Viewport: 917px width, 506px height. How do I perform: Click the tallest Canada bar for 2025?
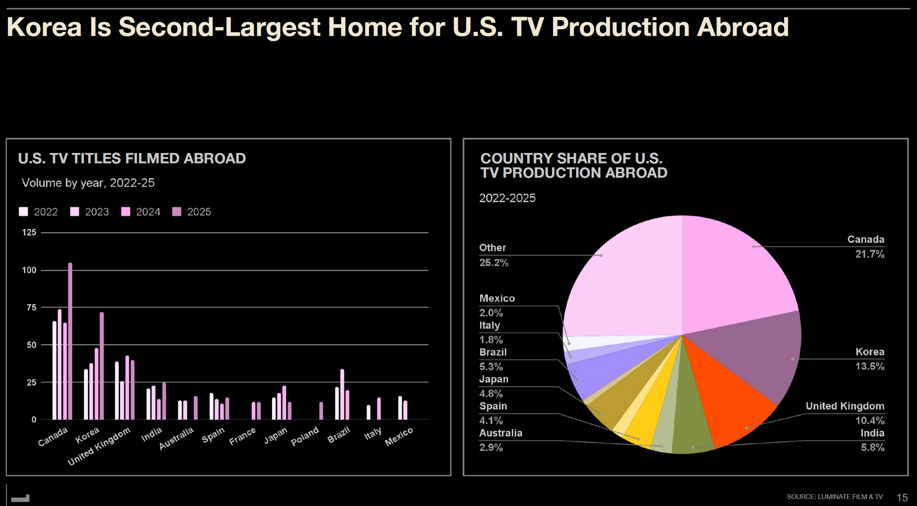[x=70, y=341]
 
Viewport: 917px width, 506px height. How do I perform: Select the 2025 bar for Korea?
[x=102, y=366]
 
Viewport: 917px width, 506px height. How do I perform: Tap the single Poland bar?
[x=321, y=411]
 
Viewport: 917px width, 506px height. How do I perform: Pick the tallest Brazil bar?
[x=342, y=394]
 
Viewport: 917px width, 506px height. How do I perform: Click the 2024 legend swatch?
[x=126, y=212]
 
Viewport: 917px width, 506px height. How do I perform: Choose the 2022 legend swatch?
[x=23, y=212]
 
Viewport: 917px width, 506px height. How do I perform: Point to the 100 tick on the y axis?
[x=29, y=270]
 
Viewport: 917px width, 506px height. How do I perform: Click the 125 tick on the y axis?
[x=29, y=233]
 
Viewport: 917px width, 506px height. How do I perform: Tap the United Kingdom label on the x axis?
[x=99, y=446]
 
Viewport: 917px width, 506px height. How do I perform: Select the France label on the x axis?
[x=243, y=436]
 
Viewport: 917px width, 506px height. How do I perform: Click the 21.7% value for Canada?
[x=870, y=254]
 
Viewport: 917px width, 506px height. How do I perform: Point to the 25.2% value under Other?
[x=494, y=263]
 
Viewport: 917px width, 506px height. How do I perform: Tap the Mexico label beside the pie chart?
[x=497, y=299]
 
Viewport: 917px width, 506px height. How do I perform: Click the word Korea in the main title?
[x=44, y=27]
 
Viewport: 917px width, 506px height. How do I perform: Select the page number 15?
[x=902, y=497]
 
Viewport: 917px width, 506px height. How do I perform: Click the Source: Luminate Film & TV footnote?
[x=835, y=497]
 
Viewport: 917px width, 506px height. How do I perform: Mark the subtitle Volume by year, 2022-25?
[x=88, y=183]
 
